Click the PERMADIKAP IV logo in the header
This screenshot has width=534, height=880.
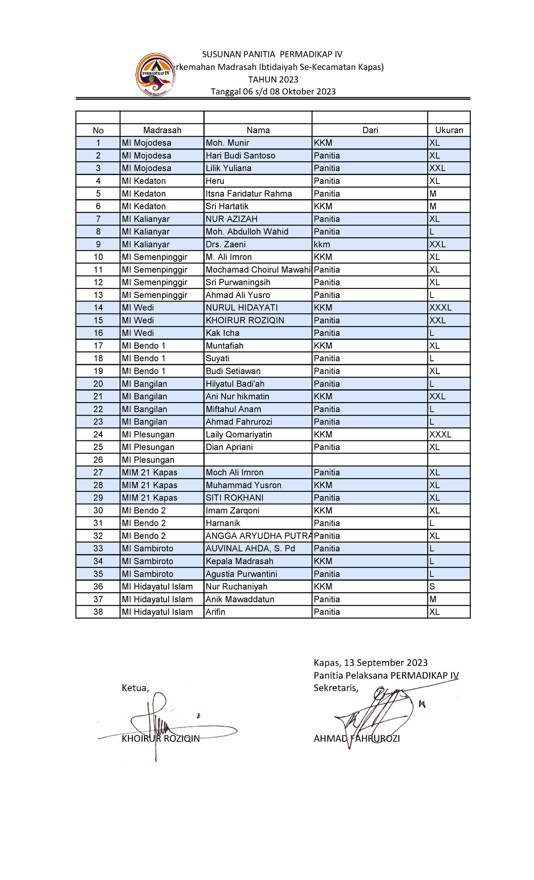[x=155, y=75]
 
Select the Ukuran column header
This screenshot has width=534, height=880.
[x=449, y=130]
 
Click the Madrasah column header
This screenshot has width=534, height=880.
[x=162, y=130]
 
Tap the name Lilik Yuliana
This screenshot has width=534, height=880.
[x=228, y=168]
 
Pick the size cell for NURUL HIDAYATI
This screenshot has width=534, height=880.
[x=440, y=308]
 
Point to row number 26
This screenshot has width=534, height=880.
[x=98, y=460]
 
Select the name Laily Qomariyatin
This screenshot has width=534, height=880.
[x=239, y=435]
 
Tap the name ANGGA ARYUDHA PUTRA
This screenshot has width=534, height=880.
[x=258, y=536]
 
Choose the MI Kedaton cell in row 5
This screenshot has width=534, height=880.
[x=144, y=194]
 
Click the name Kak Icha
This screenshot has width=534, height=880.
[x=222, y=333]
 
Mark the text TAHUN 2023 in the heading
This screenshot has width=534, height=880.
[x=273, y=80]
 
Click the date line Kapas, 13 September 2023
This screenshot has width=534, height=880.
[x=370, y=663]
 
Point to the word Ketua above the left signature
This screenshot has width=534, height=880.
[x=135, y=688]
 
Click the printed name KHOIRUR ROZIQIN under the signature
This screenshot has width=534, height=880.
[x=160, y=739]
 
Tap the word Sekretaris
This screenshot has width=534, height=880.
[x=336, y=688]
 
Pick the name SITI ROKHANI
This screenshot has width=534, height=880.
[x=235, y=498]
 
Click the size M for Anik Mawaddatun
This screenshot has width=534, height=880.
[x=433, y=599]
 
